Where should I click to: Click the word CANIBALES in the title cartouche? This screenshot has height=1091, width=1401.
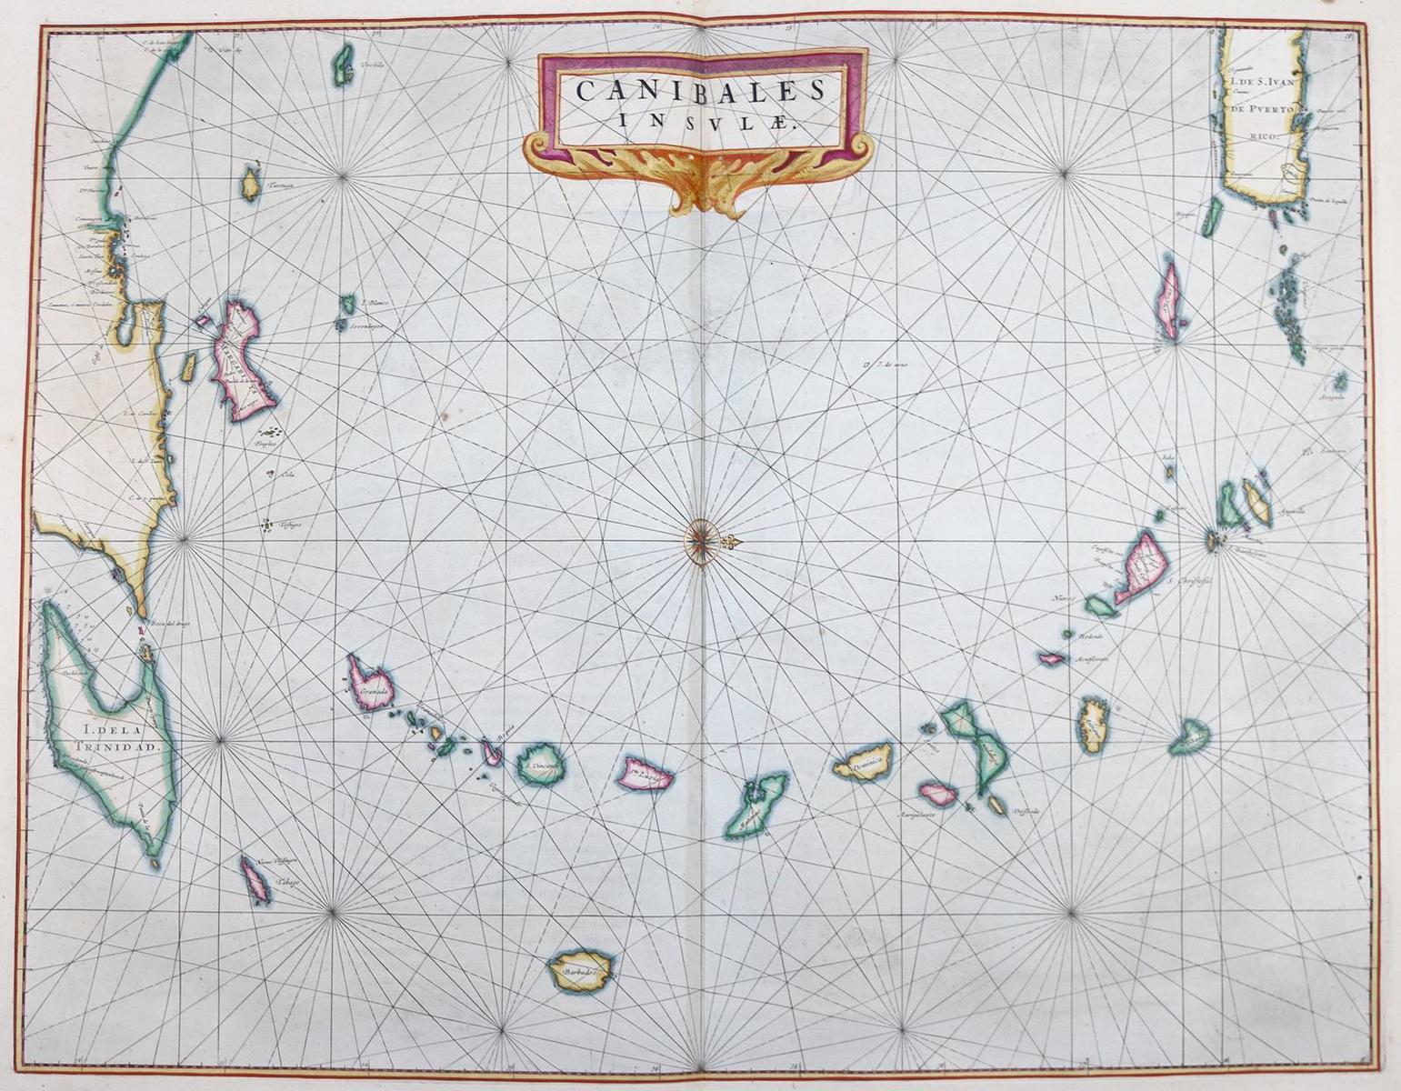pos(701,90)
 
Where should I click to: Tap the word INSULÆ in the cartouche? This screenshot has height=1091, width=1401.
pos(701,119)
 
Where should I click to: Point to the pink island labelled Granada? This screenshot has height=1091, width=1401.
pos(370,681)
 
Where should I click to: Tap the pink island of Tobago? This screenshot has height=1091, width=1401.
pos(255,880)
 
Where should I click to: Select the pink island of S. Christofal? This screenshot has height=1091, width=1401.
pos(1141,566)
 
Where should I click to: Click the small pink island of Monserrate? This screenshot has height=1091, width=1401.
pos(1053,658)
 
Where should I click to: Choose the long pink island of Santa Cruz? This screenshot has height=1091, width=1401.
pos(1169,300)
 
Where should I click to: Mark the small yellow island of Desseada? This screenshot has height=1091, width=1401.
pos(996,805)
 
